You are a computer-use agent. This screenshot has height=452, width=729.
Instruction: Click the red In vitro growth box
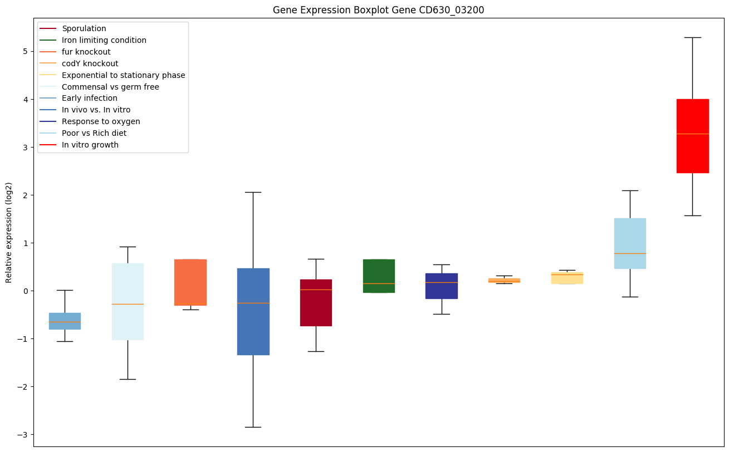coord(692,136)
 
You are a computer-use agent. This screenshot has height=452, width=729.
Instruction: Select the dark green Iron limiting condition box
coord(379,276)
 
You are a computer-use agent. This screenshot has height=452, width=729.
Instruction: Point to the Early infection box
coord(65,321)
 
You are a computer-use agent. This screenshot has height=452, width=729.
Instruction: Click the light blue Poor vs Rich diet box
coord(630,243)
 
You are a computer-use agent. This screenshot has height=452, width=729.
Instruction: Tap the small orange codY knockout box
coord(504,281)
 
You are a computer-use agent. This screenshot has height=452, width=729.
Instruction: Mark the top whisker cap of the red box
coord(692,37)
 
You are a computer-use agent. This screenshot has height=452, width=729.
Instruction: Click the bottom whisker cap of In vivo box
coord(253,427)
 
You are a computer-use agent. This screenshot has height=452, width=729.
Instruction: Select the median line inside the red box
coord(692,134)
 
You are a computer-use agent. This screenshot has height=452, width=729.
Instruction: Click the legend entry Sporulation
coord(84,28)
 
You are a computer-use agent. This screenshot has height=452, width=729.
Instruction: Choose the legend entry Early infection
coord(90,99)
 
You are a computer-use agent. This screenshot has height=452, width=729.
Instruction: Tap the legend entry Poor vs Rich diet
coord(94,134)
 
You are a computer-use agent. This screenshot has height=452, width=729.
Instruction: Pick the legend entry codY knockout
coord(90,63)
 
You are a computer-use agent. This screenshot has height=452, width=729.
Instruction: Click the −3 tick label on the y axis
coord(24,434)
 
